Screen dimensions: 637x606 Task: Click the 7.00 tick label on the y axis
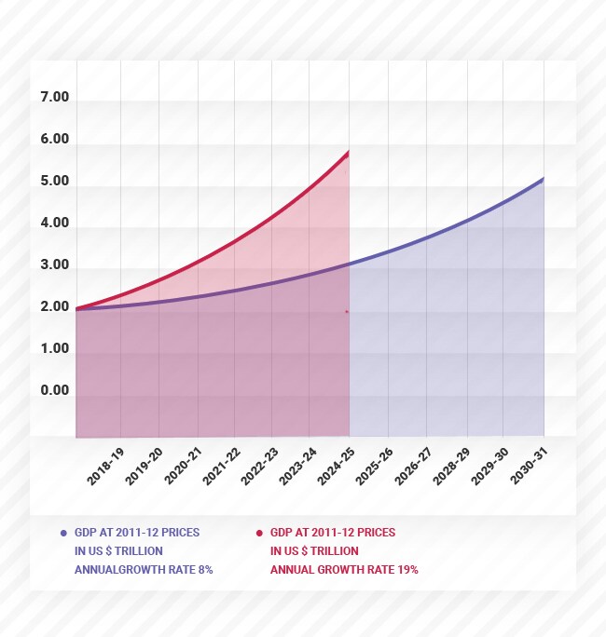click(x=55, y=98)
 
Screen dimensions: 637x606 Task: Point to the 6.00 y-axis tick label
click(x=55, y=140)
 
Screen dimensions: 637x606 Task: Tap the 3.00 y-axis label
click(x=55, y=265)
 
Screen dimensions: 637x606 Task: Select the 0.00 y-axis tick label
click(x=55, y=390)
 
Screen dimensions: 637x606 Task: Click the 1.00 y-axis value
click(x=55, y=348)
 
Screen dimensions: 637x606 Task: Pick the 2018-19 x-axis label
click(x=105, y=466)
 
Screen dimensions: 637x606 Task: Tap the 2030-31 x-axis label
click(x=529, y=466)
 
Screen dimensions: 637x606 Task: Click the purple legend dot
click(x=63, y=533)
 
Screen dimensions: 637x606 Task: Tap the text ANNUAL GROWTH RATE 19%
click(x=344, y=569)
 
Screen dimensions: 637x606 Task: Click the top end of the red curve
click(x=348, y=152)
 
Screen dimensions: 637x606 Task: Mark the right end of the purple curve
click(x=543, y=179)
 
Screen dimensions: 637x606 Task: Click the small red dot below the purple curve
click(x=347, y=311)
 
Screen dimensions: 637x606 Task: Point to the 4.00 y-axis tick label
click(x=55, y=224)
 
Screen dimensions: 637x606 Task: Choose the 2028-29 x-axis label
click(x=451, y=466)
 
